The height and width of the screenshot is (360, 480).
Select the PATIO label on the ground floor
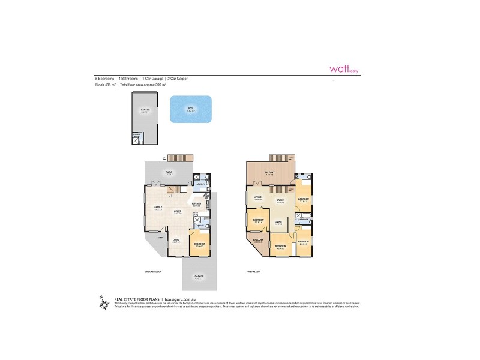(x=170, y=172)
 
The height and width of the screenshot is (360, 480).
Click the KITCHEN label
(x=196, y=203)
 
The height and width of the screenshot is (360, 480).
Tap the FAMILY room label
(x=158, y=207)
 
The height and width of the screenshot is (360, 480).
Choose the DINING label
(x=178, y=211)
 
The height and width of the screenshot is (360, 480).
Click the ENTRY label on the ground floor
(x=160, y=238)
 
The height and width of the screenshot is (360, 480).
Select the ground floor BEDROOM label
(x=200, y=244)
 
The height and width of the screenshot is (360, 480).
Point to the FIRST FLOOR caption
(x=253, y=272)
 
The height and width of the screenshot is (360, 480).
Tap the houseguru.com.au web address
(x=182, y=298)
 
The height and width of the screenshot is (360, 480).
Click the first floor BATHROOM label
(x=304, y=220)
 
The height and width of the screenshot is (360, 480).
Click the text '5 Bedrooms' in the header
(x=104, y=79)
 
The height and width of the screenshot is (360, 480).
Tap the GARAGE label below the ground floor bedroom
(x=198, y=276)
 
